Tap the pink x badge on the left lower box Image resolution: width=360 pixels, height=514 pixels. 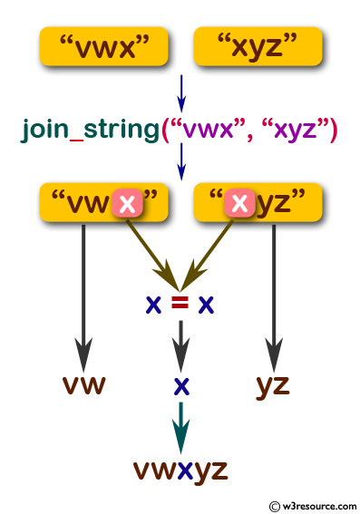click(x=128, y=204)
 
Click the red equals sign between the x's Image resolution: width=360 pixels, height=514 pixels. click(x=180, y=304)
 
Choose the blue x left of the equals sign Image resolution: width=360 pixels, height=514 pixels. click(x=153, y=304)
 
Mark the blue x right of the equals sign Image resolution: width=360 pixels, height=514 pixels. click(x=207, y=304)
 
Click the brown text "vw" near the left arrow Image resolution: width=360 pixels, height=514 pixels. click(x=84, y=385)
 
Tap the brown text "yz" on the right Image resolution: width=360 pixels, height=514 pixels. click(x=271, y=385)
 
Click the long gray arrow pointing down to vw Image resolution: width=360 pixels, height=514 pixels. click(x=83, y=290)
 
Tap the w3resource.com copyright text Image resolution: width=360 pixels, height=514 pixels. click(x=312, y=504)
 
